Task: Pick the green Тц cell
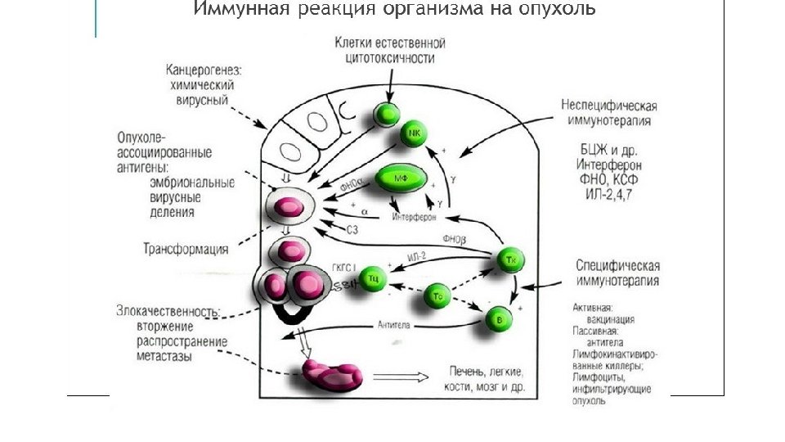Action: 373,277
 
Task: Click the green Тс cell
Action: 437,295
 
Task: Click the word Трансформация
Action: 186,249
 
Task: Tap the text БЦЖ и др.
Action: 607,151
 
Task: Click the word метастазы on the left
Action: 165,357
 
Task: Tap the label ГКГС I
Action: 342,268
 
